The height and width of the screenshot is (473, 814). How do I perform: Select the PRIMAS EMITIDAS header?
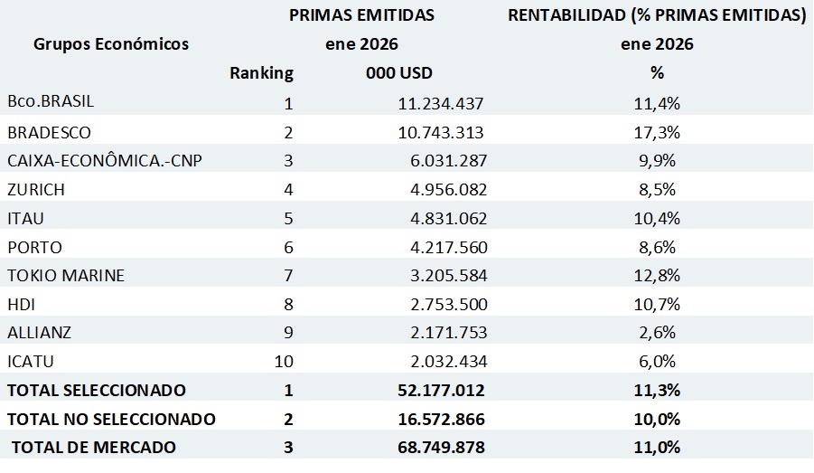coord(361,15)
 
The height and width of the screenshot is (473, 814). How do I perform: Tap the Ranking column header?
coord(262,73)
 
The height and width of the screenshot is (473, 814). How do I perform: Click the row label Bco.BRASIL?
coord(51,102)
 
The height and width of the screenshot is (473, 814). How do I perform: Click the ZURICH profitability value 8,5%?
coord(657,190)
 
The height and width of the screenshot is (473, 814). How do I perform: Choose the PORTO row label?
coord(35,247)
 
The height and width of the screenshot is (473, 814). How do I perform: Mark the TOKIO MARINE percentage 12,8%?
coord(657,275)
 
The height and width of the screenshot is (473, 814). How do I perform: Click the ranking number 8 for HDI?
coord(288,304)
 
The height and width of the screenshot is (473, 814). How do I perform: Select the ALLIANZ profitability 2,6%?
coord(657,333)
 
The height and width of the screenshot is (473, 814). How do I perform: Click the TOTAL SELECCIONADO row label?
coord(97,391)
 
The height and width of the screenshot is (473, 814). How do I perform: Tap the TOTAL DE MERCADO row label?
coord(94,448)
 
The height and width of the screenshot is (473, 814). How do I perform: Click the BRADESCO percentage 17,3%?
coord(657,132)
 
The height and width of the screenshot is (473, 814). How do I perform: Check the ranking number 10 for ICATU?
coord(285,362)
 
